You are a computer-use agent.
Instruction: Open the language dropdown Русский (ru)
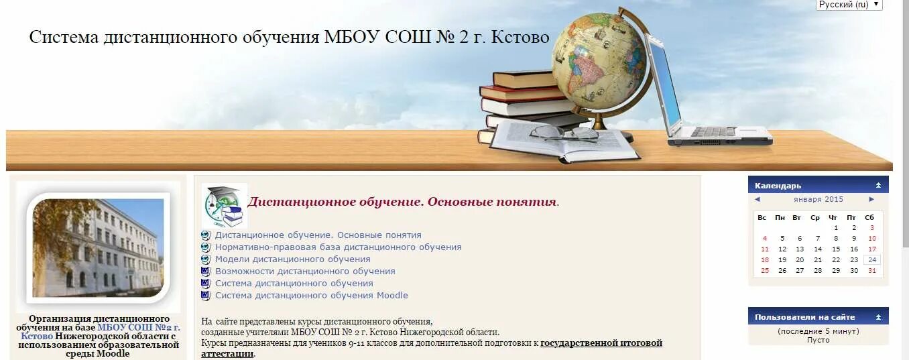tap(849, 5)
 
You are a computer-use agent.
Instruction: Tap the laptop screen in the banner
tap(664, 83)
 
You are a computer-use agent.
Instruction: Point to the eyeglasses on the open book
tap(564, 133)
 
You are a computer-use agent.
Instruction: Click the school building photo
tap(98, 247)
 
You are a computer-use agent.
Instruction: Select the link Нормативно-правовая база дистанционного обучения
tap(338, 247)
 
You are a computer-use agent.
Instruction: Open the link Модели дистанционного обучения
tap(292, 259)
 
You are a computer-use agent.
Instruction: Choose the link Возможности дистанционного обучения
tap(305, 272)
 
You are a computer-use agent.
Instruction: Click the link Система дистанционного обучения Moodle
tap(311, 296)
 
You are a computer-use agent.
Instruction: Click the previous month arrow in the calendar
tap(757, 199)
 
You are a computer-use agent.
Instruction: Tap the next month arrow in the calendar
tap(871, 199)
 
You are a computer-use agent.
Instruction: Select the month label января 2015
tap(819, 199)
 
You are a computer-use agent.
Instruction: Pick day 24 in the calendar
tap(871, 260)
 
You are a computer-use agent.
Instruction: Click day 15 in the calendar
tap(836, 249)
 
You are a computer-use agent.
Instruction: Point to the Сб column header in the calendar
tap(869, 217)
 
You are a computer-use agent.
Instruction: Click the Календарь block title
tap(778, 186)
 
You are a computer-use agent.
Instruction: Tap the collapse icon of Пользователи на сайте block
tap(878, 317)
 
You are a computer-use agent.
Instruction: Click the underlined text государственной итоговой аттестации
tap(601, 343)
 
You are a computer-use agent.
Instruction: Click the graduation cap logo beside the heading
tap(225, 205)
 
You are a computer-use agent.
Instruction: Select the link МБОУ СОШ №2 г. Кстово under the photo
tap(137, 328)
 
